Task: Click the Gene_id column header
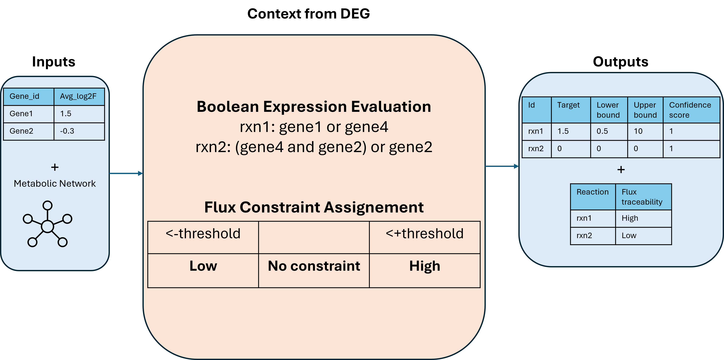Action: pyautogui.click(x=28, y=96)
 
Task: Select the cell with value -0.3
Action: pyautogui.click(x=79, y=131)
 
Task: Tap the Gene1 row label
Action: pyautogui.click(x=28, y=114)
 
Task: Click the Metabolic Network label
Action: pyautogui.click(x=55, y=184)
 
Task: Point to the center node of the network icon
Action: pyautogui.click(x=47, y=226)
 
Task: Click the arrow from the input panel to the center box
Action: pyautogui.click(x=126, y=173)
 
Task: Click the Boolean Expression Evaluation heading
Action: pyautogui.click(x=314, y=107)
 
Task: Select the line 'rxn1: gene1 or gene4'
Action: pyautogui.click(x=314, y=127)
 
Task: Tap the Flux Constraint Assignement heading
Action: pyautogui.click(x=314, y=207)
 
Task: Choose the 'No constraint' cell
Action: pyautogui.click(x=314, y=270)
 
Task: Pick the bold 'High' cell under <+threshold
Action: pyautogui.click(x=424, y=270)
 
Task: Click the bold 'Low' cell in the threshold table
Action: pyautogui.click(x=203, y=270)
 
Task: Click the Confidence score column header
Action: pyautogui.click(x=691, y=110)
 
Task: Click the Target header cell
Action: pyautogui.click(x=571, y=110)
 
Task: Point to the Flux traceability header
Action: pyautogui.click(x=643, y=197)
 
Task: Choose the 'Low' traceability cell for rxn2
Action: pyautogui.click(x=643, y=236)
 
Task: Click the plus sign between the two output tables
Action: pyautogui.click(x=621, y=170)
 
